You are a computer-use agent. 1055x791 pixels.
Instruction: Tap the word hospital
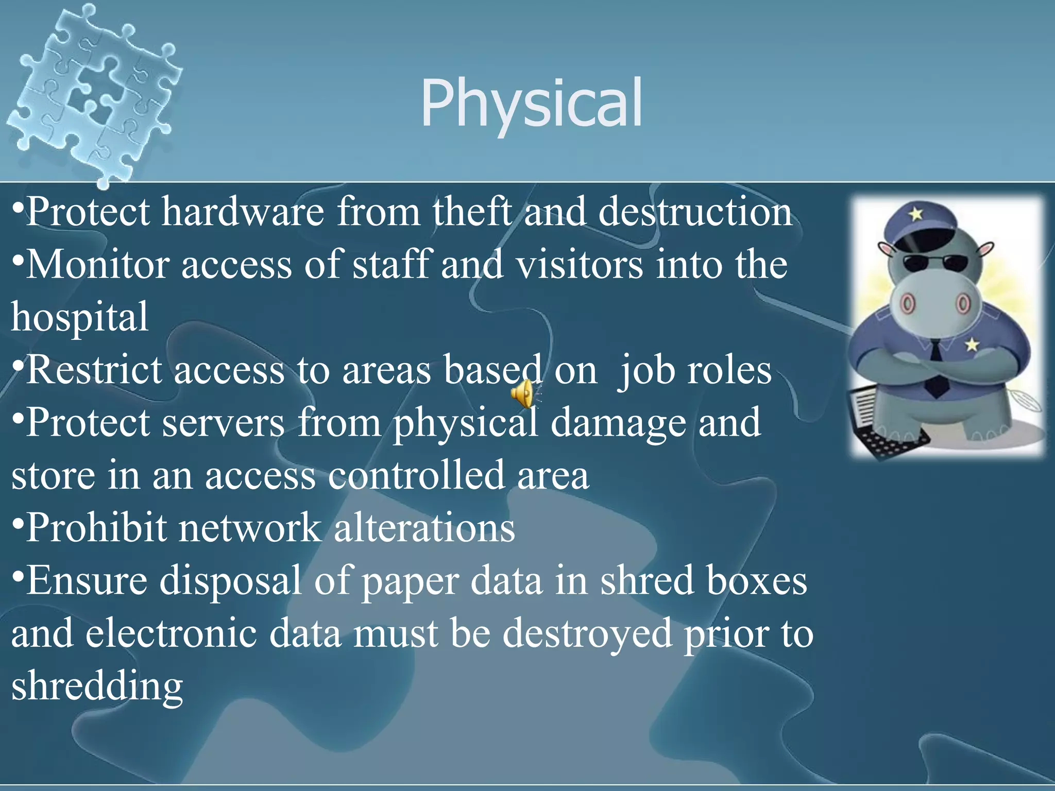(80, 317)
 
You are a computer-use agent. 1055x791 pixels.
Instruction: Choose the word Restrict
(95, 370)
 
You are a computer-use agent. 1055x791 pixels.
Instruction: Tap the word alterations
(424, 528)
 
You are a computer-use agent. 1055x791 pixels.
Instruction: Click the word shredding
(97, 686)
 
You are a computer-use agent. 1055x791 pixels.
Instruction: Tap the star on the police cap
(915, 213)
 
